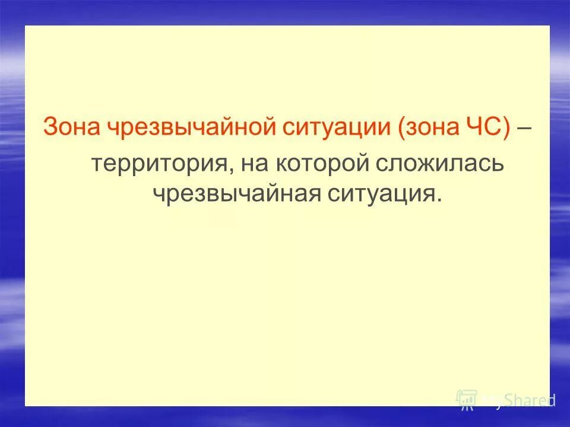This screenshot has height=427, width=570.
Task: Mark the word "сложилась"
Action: click(x=439, y=164)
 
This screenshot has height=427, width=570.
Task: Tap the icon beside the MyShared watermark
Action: click(x=467, y=399)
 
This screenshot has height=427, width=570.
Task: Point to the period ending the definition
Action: click(x=439, y=200)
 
